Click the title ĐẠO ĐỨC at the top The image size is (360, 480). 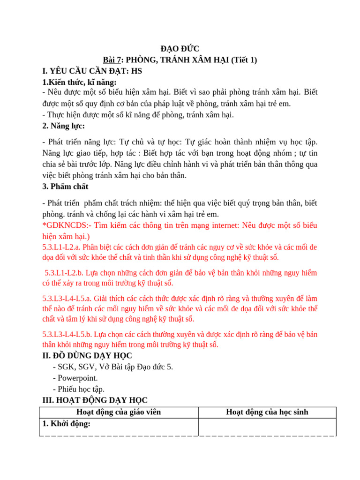[180, 49]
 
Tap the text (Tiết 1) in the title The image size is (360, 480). [240, 60]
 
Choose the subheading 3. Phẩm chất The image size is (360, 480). [65, 187]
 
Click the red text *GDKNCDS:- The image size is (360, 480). [64, 225]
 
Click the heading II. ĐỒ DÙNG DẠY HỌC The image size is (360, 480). [87, 356]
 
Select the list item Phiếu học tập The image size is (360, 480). [79, 389]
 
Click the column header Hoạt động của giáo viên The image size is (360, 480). [118, 412]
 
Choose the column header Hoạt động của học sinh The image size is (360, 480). [267, 412]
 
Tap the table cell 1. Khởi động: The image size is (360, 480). [67, 424]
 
